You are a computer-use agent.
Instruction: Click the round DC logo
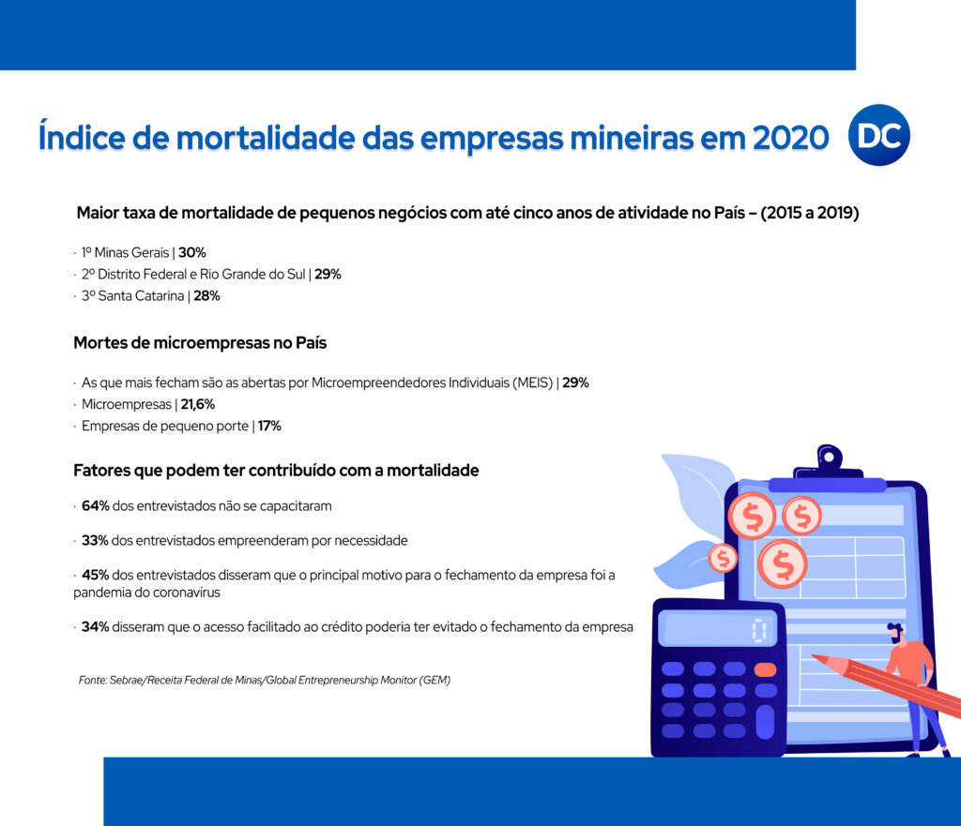tap(878, 135)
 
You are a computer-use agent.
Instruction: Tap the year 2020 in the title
tap(790, 137)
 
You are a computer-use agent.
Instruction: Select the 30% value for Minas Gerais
tap(192, 252)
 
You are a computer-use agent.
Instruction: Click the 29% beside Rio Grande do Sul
tap(328, 274)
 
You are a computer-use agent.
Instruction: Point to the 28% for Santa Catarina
tap(207, 295)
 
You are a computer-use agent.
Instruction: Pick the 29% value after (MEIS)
tap(575, 383)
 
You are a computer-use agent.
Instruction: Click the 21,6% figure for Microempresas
tap(198, 404)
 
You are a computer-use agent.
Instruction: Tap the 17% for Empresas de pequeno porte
tap(269, 426)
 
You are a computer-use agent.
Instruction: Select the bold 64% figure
tap(96, 505)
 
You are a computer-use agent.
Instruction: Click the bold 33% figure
tap(95, 540)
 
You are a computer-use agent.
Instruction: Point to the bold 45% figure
tap(96, 575)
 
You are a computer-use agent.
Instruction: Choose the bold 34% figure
tap(96, 626)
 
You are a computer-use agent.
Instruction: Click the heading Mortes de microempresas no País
tap(200, 342)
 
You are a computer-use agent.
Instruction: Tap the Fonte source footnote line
tap(264, 680)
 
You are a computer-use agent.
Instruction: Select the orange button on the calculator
tap(766, 669)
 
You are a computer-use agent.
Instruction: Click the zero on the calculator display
tap(759, 631)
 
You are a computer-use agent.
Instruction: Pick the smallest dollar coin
tap(723, 559)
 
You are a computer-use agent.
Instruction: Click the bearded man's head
tap(895, 633)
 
